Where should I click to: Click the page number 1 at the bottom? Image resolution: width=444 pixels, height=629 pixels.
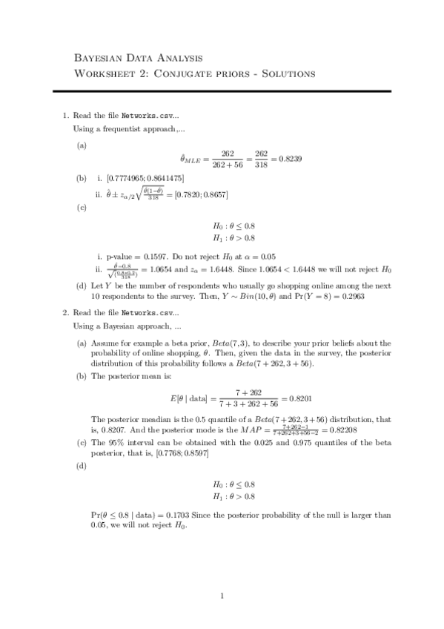click(222, 594)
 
